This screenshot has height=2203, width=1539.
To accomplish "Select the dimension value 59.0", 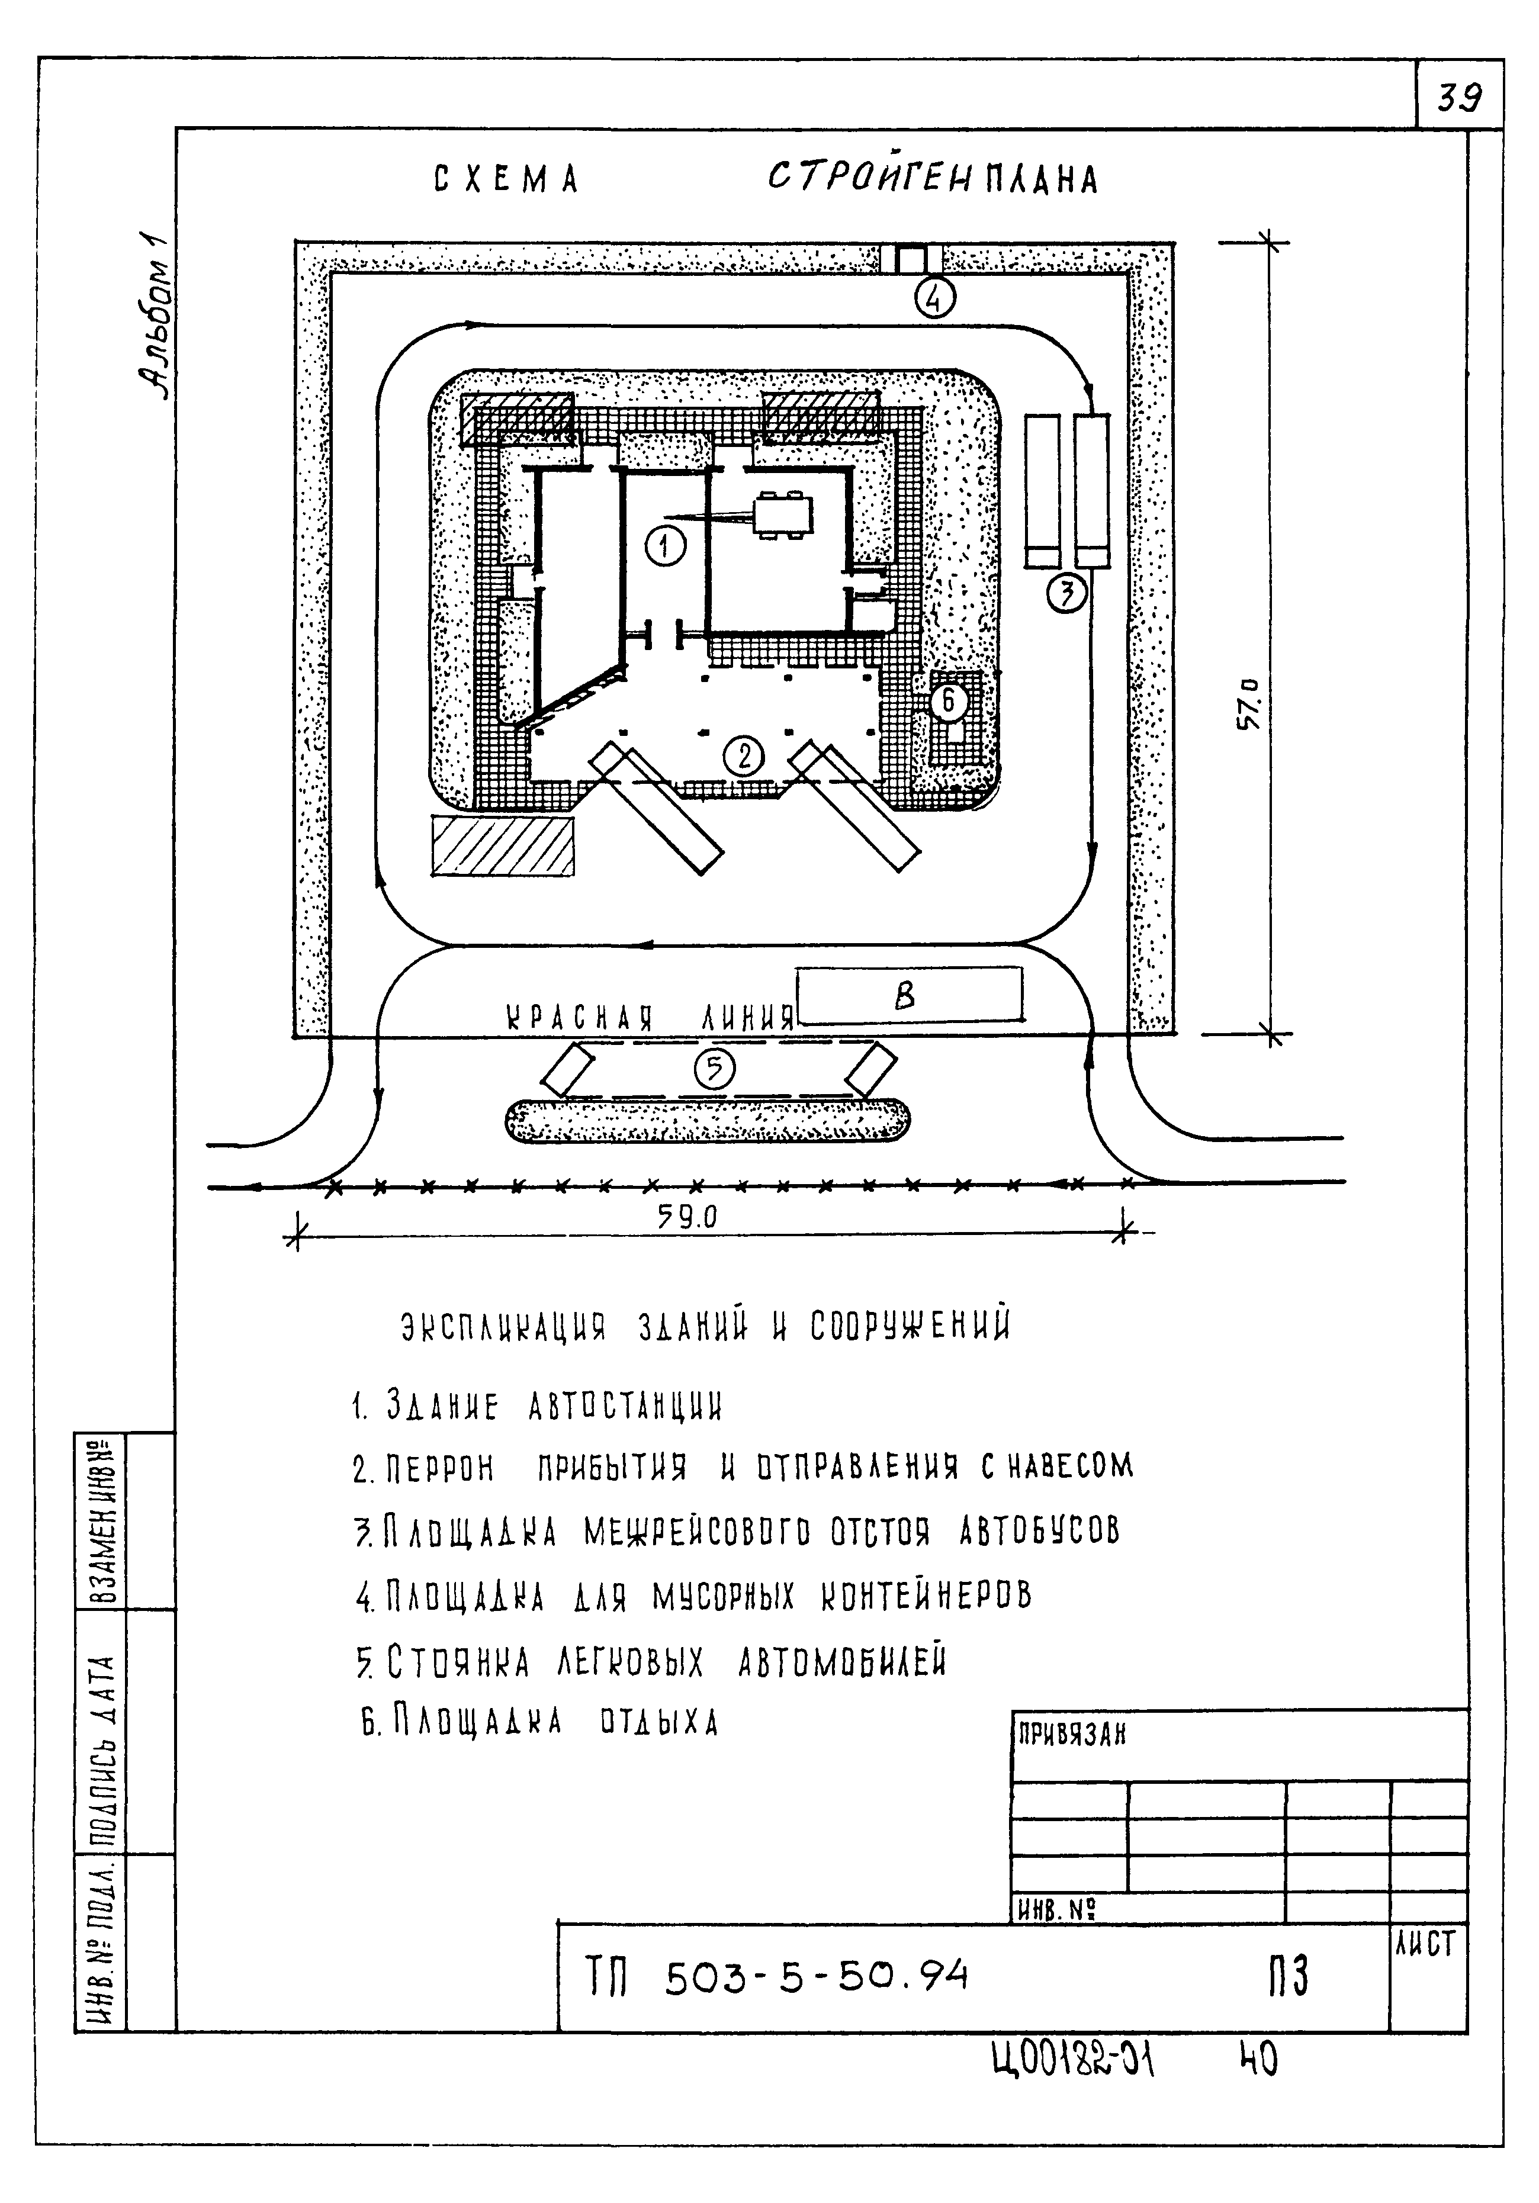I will [x=687, y=1217].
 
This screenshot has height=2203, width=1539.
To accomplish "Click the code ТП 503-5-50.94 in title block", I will [x=777, y=1976].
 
